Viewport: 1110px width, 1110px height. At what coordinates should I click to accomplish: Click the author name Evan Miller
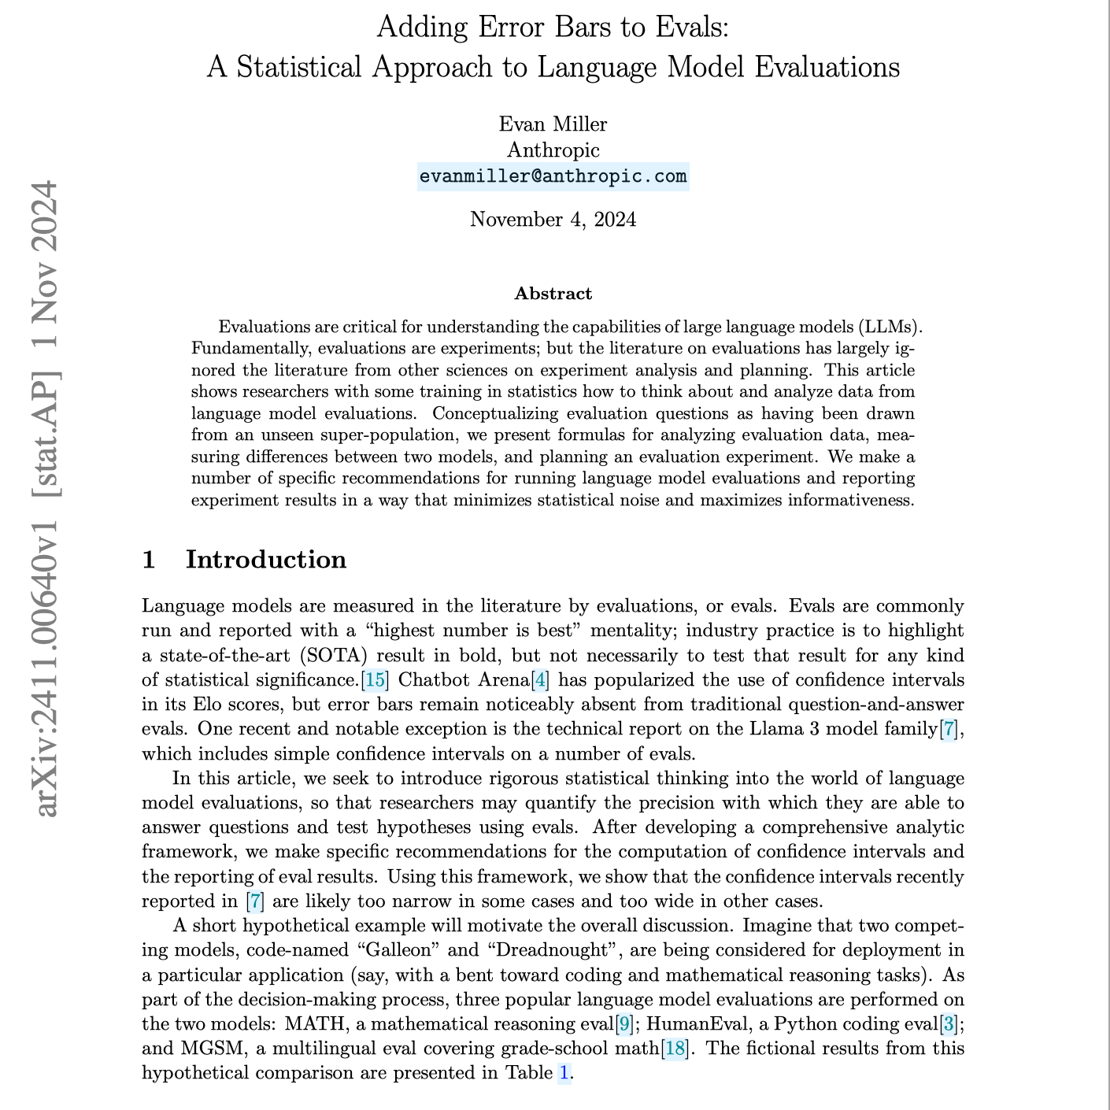pos(553,124)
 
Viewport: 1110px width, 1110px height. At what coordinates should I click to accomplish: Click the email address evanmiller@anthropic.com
pos(553,176)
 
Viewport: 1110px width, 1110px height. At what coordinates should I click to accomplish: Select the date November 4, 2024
pos(553,219)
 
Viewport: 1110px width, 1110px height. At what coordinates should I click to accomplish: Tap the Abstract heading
pos(553,294)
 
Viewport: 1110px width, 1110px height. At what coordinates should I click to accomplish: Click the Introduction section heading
pos(265,560)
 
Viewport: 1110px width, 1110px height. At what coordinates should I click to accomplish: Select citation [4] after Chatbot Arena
pos(541,679)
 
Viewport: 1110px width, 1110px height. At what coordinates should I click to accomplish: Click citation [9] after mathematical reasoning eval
pos(624,1024)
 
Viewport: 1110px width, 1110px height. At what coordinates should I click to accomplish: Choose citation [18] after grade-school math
pos(675,1049)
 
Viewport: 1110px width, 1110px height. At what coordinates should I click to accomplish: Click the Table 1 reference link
pos(564,1073)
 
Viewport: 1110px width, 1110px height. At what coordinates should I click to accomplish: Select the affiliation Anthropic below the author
pos(553,150)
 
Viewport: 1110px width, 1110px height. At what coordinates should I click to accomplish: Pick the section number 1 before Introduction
pos(149,560)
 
